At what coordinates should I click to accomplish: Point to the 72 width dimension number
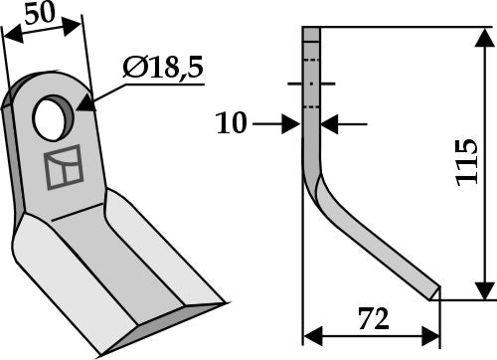(372, 320)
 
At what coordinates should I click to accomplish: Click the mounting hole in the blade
(47, 118)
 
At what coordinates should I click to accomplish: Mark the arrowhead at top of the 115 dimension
(484, 37)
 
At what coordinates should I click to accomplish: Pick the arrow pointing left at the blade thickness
(331, 124)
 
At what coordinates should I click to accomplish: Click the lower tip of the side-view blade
(432, 291)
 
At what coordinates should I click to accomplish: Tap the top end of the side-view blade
(311, 33)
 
